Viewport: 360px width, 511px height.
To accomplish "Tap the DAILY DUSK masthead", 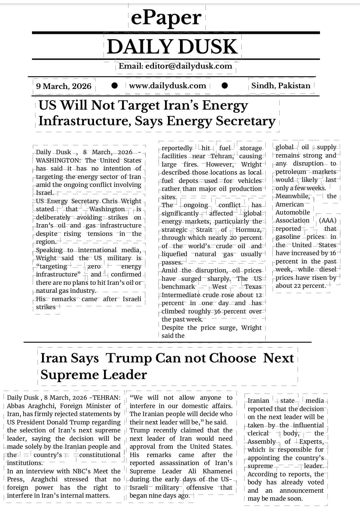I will [172, 47].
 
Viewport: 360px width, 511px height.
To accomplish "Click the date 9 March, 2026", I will [64, 86].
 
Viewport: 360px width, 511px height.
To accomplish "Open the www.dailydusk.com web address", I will [168, 86].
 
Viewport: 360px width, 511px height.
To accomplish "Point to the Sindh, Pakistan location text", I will [281, 86].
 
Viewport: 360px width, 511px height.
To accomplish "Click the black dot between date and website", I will [115, 86].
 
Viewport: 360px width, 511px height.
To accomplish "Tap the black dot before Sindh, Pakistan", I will [225, 86].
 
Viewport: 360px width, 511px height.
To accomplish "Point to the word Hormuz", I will [248, 230].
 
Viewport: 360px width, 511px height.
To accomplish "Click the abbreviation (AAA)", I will [327, 221].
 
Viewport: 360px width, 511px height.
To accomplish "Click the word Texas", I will [253, 286].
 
